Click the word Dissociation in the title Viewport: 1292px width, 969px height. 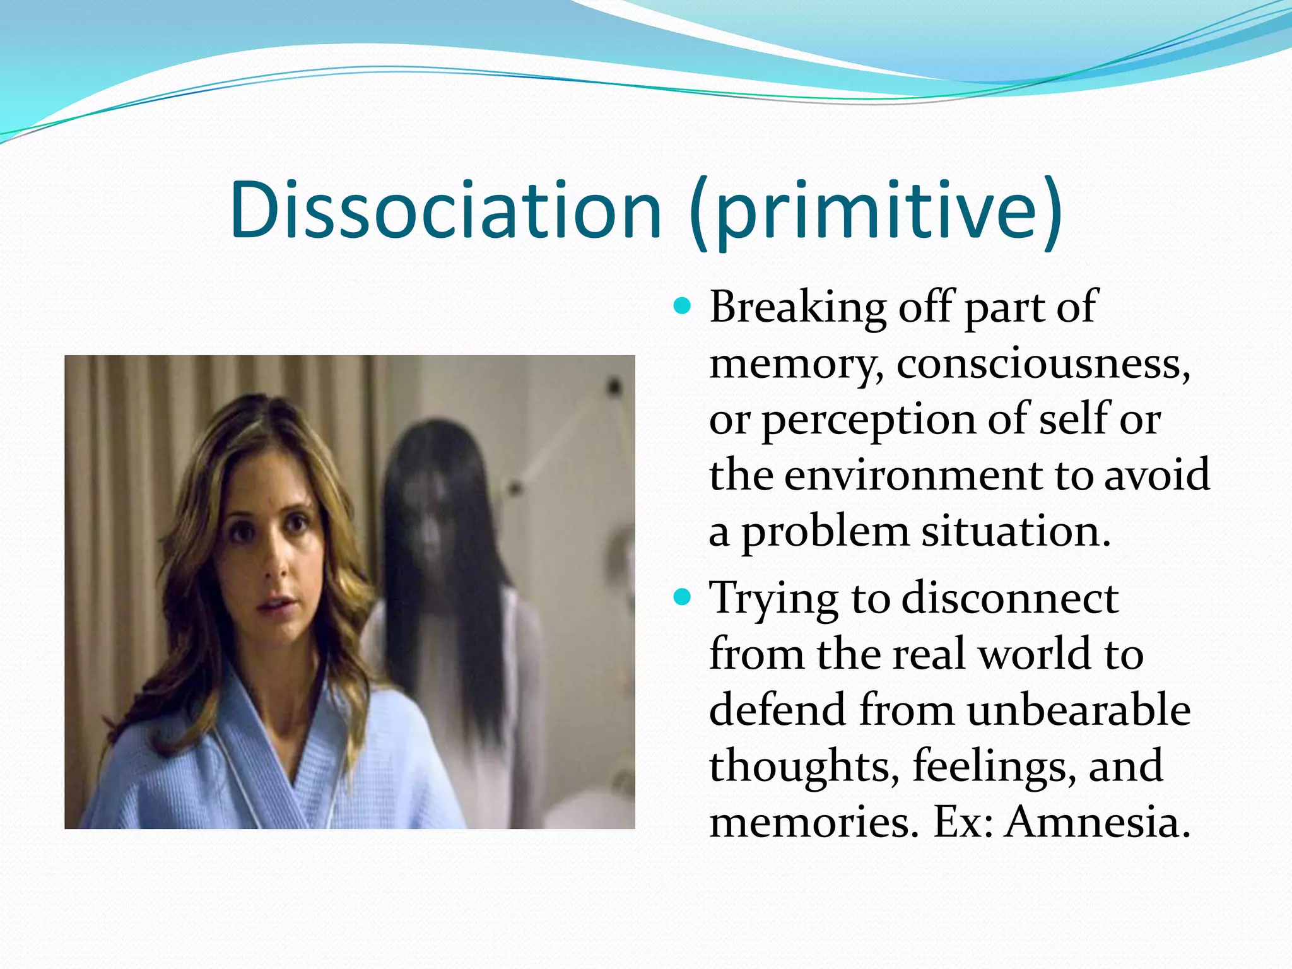(445, 209)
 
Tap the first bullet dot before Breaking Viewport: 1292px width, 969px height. (682, 307)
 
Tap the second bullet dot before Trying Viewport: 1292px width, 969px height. (682, 596)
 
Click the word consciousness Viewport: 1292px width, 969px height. (1042, 364)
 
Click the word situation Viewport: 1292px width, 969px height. (1015, 531)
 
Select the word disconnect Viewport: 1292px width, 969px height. (1009, 597)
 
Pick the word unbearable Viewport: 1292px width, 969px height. (1078, 710)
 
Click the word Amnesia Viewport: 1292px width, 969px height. (1097, 822)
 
